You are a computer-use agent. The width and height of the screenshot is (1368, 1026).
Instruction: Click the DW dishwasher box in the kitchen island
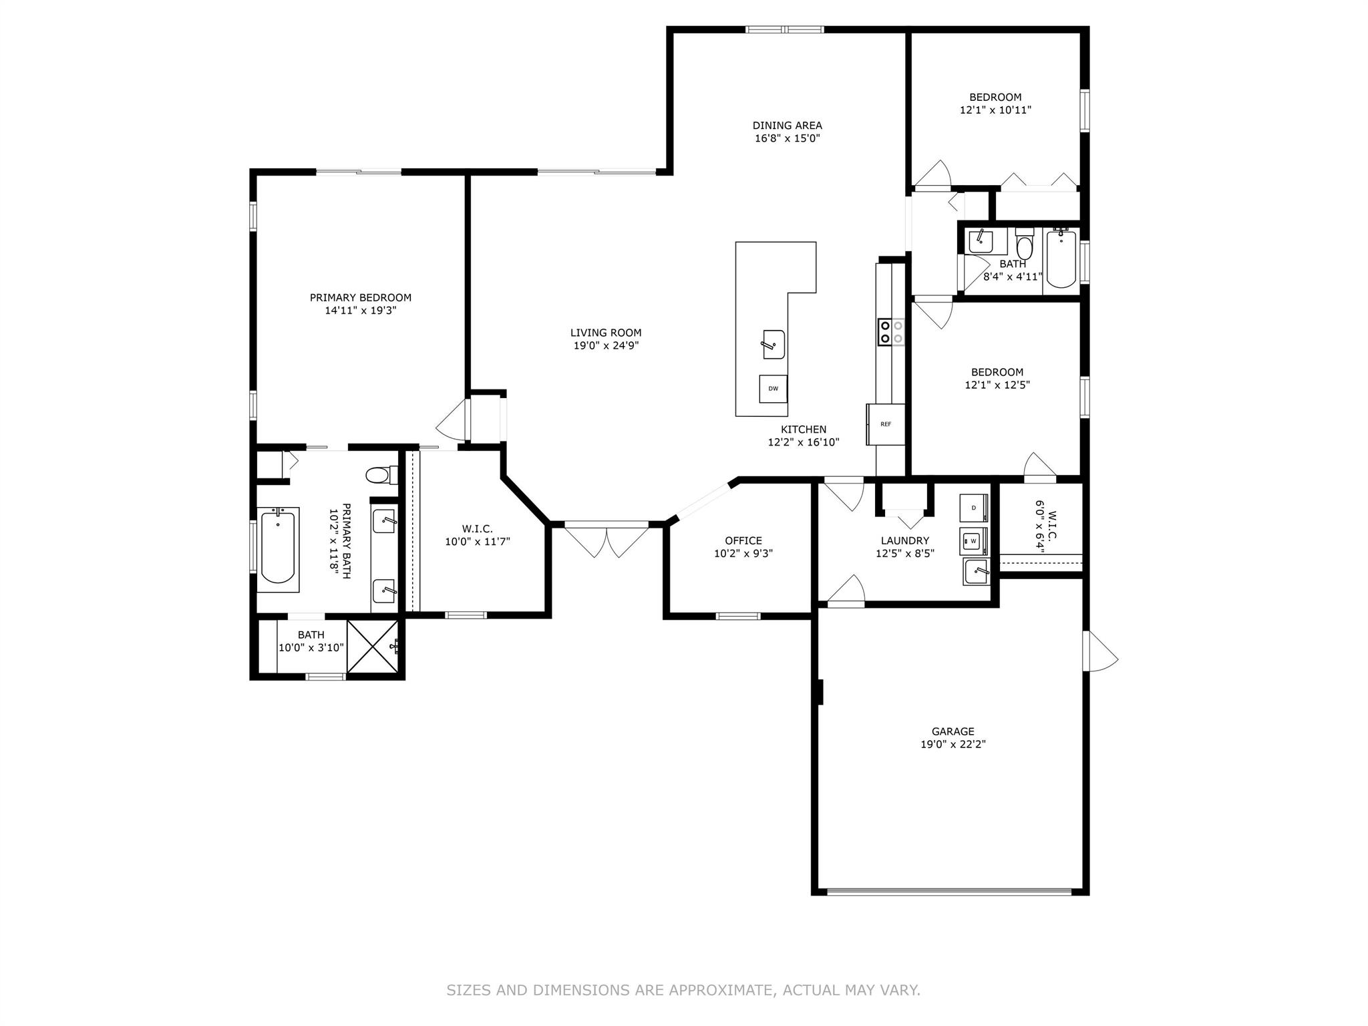[773, 389]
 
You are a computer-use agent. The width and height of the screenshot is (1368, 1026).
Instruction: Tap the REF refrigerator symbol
[886, 424]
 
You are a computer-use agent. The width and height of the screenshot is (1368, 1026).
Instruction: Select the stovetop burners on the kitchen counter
[892, 332]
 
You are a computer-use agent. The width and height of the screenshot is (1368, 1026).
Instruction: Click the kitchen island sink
[774, 345]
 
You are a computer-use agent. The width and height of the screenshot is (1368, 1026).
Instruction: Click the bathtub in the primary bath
[278, 549]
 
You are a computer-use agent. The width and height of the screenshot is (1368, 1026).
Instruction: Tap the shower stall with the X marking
[373, 647]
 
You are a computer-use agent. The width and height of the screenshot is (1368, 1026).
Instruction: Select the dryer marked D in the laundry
[974, 508]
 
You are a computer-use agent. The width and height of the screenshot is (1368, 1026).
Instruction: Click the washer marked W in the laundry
[974, 541]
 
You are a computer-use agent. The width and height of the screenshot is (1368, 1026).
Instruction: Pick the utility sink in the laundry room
[976, 572]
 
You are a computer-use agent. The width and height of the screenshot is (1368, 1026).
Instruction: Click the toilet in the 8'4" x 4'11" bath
[1024, 244]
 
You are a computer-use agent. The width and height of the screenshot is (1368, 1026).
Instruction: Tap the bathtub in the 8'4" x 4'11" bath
[1061, 259]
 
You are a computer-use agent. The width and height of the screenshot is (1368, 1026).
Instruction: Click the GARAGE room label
[953, 731]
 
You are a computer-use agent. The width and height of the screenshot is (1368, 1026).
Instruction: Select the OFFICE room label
[743, 540]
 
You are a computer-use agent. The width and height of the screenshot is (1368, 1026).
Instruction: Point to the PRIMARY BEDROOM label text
[361, 297]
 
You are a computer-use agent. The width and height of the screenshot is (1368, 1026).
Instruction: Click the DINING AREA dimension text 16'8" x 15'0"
[788, 138]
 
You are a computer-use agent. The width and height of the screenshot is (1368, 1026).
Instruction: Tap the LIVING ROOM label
[606, 333]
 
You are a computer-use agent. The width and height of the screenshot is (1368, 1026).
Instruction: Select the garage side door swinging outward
[1099, 651]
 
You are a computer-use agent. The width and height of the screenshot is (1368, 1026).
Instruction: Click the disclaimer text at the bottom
[683, 991]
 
